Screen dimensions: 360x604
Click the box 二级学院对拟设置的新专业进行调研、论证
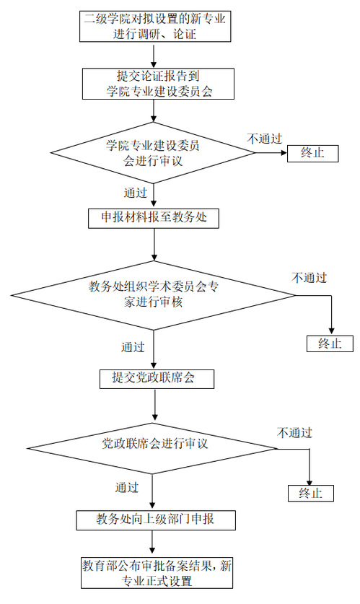(x=155, y=26)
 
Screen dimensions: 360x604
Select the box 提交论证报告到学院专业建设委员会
(x=158, y=84)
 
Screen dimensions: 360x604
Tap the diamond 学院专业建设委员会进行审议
(x=153, y=153)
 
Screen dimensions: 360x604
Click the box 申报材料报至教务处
(x=154, y=219)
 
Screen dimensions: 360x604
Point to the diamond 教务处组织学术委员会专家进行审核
(x=153, y=295)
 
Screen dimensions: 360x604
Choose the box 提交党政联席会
(x=157, y=379)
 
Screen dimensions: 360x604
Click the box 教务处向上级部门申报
(x=156, y=520)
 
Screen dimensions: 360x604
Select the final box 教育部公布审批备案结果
(x=157, y=572)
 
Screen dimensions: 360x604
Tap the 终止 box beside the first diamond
(x=312, y=153)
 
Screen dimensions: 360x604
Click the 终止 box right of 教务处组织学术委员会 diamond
(x=330, y=343)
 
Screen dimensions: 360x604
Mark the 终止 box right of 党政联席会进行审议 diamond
(x=311, y=493)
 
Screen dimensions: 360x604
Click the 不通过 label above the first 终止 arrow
(x=265, y=139)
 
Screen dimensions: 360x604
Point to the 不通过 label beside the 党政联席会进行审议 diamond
(x=294, y=432)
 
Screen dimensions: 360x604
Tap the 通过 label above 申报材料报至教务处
(x=135, y=192)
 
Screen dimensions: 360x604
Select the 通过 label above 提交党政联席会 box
(x=133, y=346)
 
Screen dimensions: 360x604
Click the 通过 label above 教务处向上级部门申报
(x=127, y=487)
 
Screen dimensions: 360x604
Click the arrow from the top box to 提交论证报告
(x=154, y=55)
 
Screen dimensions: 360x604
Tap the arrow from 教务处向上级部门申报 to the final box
(x=153, y=543)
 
